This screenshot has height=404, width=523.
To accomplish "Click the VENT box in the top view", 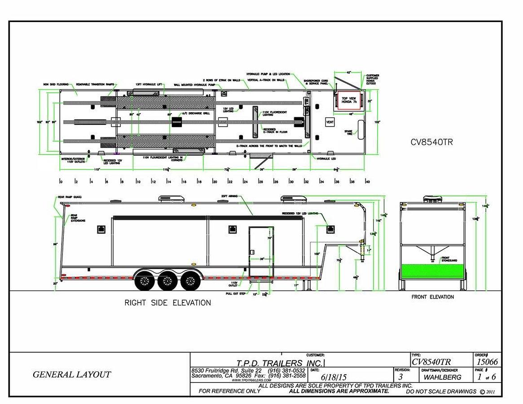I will [x=330, y=122].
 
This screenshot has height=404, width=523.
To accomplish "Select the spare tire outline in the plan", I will [x=360, y=128].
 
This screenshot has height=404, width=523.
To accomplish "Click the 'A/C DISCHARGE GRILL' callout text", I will [x=195, y=113].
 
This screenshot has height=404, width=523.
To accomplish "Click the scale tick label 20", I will [x=215, y=182].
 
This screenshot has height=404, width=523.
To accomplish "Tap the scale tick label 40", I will [x=367, y=182].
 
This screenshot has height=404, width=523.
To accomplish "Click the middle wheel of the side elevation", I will [x=167, y=281].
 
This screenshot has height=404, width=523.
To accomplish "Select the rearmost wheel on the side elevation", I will [x=145, y=281].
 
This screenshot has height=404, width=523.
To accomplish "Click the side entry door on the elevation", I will [x=261, y=251].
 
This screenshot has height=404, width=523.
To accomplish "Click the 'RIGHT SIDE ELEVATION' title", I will [x=167, y=303].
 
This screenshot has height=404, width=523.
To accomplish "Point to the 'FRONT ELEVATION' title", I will [x=432, y=297].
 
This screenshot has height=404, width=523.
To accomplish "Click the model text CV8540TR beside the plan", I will [x=432, y=142].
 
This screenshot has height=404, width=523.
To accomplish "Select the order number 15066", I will [x=487, y=362].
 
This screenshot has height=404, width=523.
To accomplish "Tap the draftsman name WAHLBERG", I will [x=442, y=377].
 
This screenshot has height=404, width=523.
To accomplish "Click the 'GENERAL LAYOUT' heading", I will [x=72, y=374].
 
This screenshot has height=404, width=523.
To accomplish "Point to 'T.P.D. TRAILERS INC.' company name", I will [x=279, y=363].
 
